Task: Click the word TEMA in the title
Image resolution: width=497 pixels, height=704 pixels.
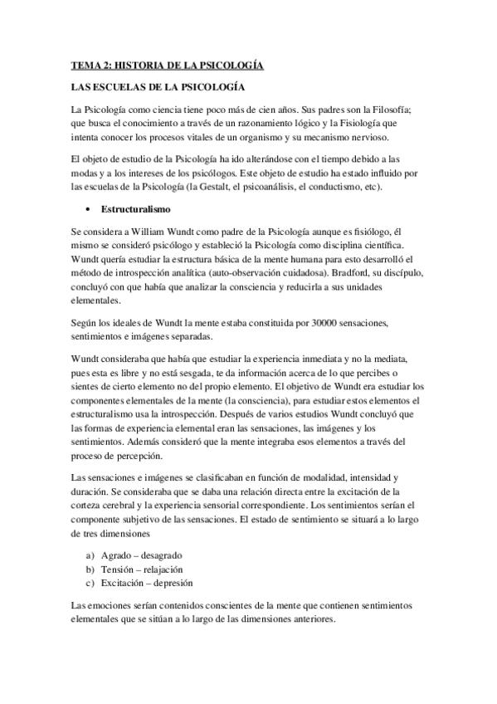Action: pos(84,63)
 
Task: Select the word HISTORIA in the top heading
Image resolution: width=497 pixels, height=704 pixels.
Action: pos(141,63)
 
